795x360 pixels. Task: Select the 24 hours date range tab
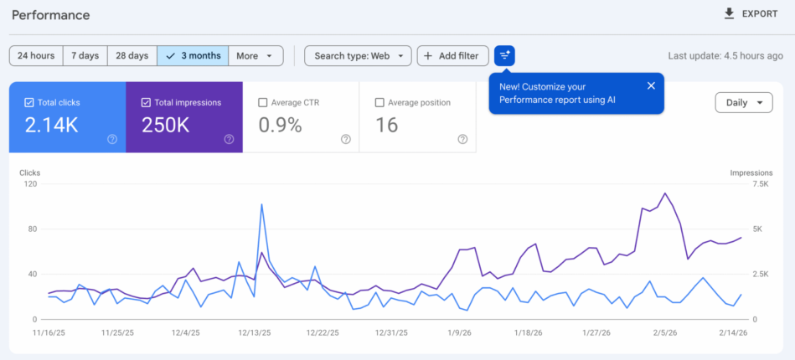36,56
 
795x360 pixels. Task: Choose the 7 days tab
85,56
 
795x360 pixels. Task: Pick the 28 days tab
132,56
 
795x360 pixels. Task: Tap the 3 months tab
194,56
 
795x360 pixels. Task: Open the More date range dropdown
255,56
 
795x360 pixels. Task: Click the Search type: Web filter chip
358,56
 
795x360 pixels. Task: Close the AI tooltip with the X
651,85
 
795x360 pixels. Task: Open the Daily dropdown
743,103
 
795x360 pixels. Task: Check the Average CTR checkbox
263,103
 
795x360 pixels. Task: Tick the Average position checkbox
379,103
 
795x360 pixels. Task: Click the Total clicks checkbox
29,103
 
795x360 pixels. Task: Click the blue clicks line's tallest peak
262,204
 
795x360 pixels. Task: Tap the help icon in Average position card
462,139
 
